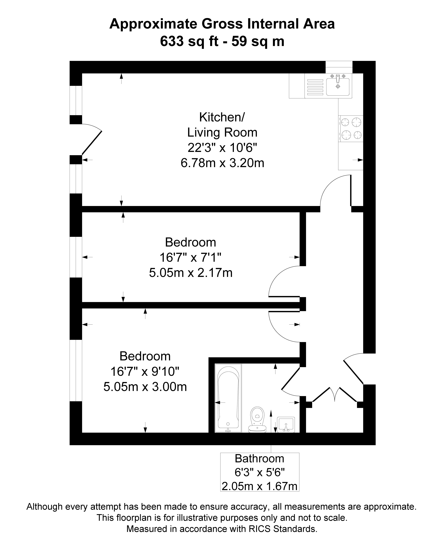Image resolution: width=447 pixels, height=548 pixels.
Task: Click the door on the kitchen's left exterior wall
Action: click(91, 140)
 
